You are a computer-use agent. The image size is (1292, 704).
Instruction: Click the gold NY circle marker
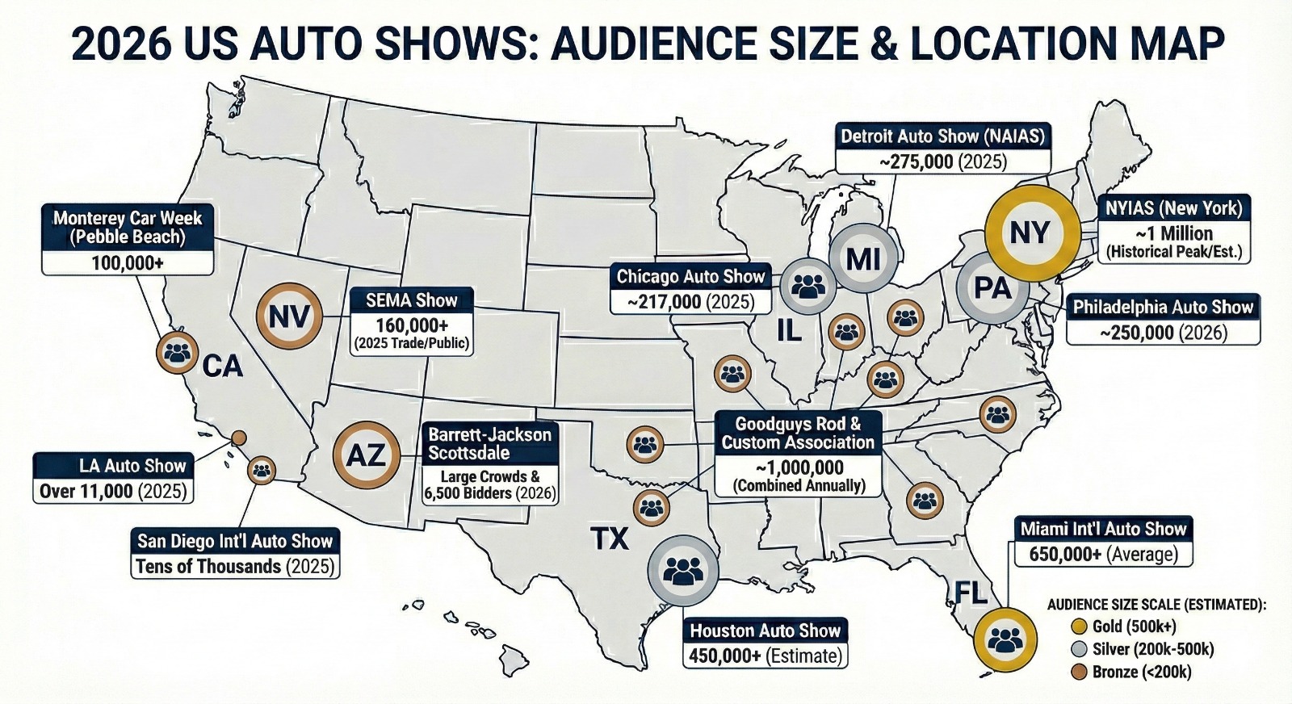tap(1031, 233)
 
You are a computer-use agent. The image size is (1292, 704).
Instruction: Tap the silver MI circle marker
tap(863, 259)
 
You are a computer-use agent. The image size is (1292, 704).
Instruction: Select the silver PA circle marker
tap(992, 288)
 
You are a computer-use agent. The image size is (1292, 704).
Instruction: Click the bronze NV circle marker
tap(289, 316)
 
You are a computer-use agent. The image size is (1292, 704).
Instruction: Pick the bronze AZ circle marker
tap(367, 455)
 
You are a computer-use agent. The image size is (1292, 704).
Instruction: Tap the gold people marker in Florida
tap(1005, 639)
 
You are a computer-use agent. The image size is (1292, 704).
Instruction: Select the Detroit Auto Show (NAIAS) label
tap(942, 136)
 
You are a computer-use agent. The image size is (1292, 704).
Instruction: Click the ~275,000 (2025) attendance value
tap(942, 161)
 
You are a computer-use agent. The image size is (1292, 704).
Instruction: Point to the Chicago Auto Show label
tap(690, 277)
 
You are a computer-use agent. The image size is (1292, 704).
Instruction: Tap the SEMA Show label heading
tap(412, 300)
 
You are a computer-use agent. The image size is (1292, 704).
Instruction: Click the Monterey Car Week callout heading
tap(128, 228)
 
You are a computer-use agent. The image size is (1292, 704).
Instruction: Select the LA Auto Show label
tap(113, 466)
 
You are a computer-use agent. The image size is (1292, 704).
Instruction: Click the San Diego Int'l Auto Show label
tap(234, 541)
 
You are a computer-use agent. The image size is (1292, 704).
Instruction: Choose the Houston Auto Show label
tap(765, 631)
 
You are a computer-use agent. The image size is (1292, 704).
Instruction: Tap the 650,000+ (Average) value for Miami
tap(1103, 555)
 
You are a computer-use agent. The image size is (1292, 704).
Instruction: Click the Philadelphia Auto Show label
tap(1163, 307)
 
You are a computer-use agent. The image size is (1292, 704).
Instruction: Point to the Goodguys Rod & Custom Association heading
tap(798, 433)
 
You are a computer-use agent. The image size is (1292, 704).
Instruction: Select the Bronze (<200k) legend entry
tap(1130, 672)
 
